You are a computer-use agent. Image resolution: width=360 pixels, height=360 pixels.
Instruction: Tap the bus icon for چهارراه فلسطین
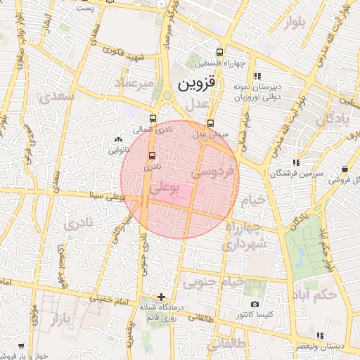pos(220,52)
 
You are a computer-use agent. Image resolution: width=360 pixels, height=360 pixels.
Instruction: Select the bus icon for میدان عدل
pos(210,122)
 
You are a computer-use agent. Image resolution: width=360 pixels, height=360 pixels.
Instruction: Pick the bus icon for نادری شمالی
pos(153,118)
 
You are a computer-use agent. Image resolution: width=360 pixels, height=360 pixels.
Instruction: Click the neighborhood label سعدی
pos(58,97)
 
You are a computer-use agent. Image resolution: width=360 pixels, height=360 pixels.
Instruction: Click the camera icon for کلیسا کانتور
pos(254,304)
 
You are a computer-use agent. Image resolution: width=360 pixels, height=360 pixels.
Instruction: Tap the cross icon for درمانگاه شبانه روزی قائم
pos(162,297)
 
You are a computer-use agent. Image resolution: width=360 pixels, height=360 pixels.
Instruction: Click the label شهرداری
pos(245,244)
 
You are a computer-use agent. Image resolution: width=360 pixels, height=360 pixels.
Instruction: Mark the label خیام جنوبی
pos(213,283)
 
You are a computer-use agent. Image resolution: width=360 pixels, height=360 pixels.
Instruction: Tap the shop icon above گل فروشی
pos(345,169)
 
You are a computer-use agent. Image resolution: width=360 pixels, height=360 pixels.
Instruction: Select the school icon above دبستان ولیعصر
pos(319,335)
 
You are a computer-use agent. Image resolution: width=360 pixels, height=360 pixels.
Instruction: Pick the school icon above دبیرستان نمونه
pos(257,76)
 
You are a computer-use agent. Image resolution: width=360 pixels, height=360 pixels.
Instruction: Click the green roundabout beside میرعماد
pos(167,96)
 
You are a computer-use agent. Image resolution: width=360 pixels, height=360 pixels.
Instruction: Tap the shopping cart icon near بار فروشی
pos(21,346)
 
